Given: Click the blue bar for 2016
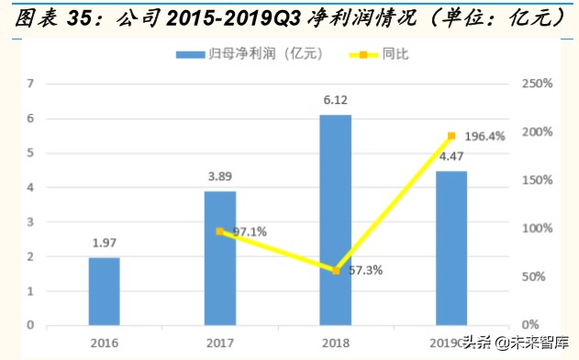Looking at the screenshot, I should tap(104, 291).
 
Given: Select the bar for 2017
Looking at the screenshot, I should tap(219, 258).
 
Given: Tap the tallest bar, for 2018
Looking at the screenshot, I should tap(336, 219).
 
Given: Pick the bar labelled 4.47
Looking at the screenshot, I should tap(451, 248).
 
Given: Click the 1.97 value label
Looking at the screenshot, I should tap(104, 242).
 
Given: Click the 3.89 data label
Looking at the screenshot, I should tap(219, 176).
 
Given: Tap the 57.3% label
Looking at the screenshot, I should tap(365, 271).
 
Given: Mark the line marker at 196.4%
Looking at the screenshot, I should tap(451, 136).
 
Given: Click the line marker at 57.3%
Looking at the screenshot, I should tap(336, 270).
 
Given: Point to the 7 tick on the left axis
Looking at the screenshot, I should tap(31, 84).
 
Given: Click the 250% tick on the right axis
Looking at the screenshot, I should tap(535, 84).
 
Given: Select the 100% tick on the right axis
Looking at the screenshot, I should tap(535, 229).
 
